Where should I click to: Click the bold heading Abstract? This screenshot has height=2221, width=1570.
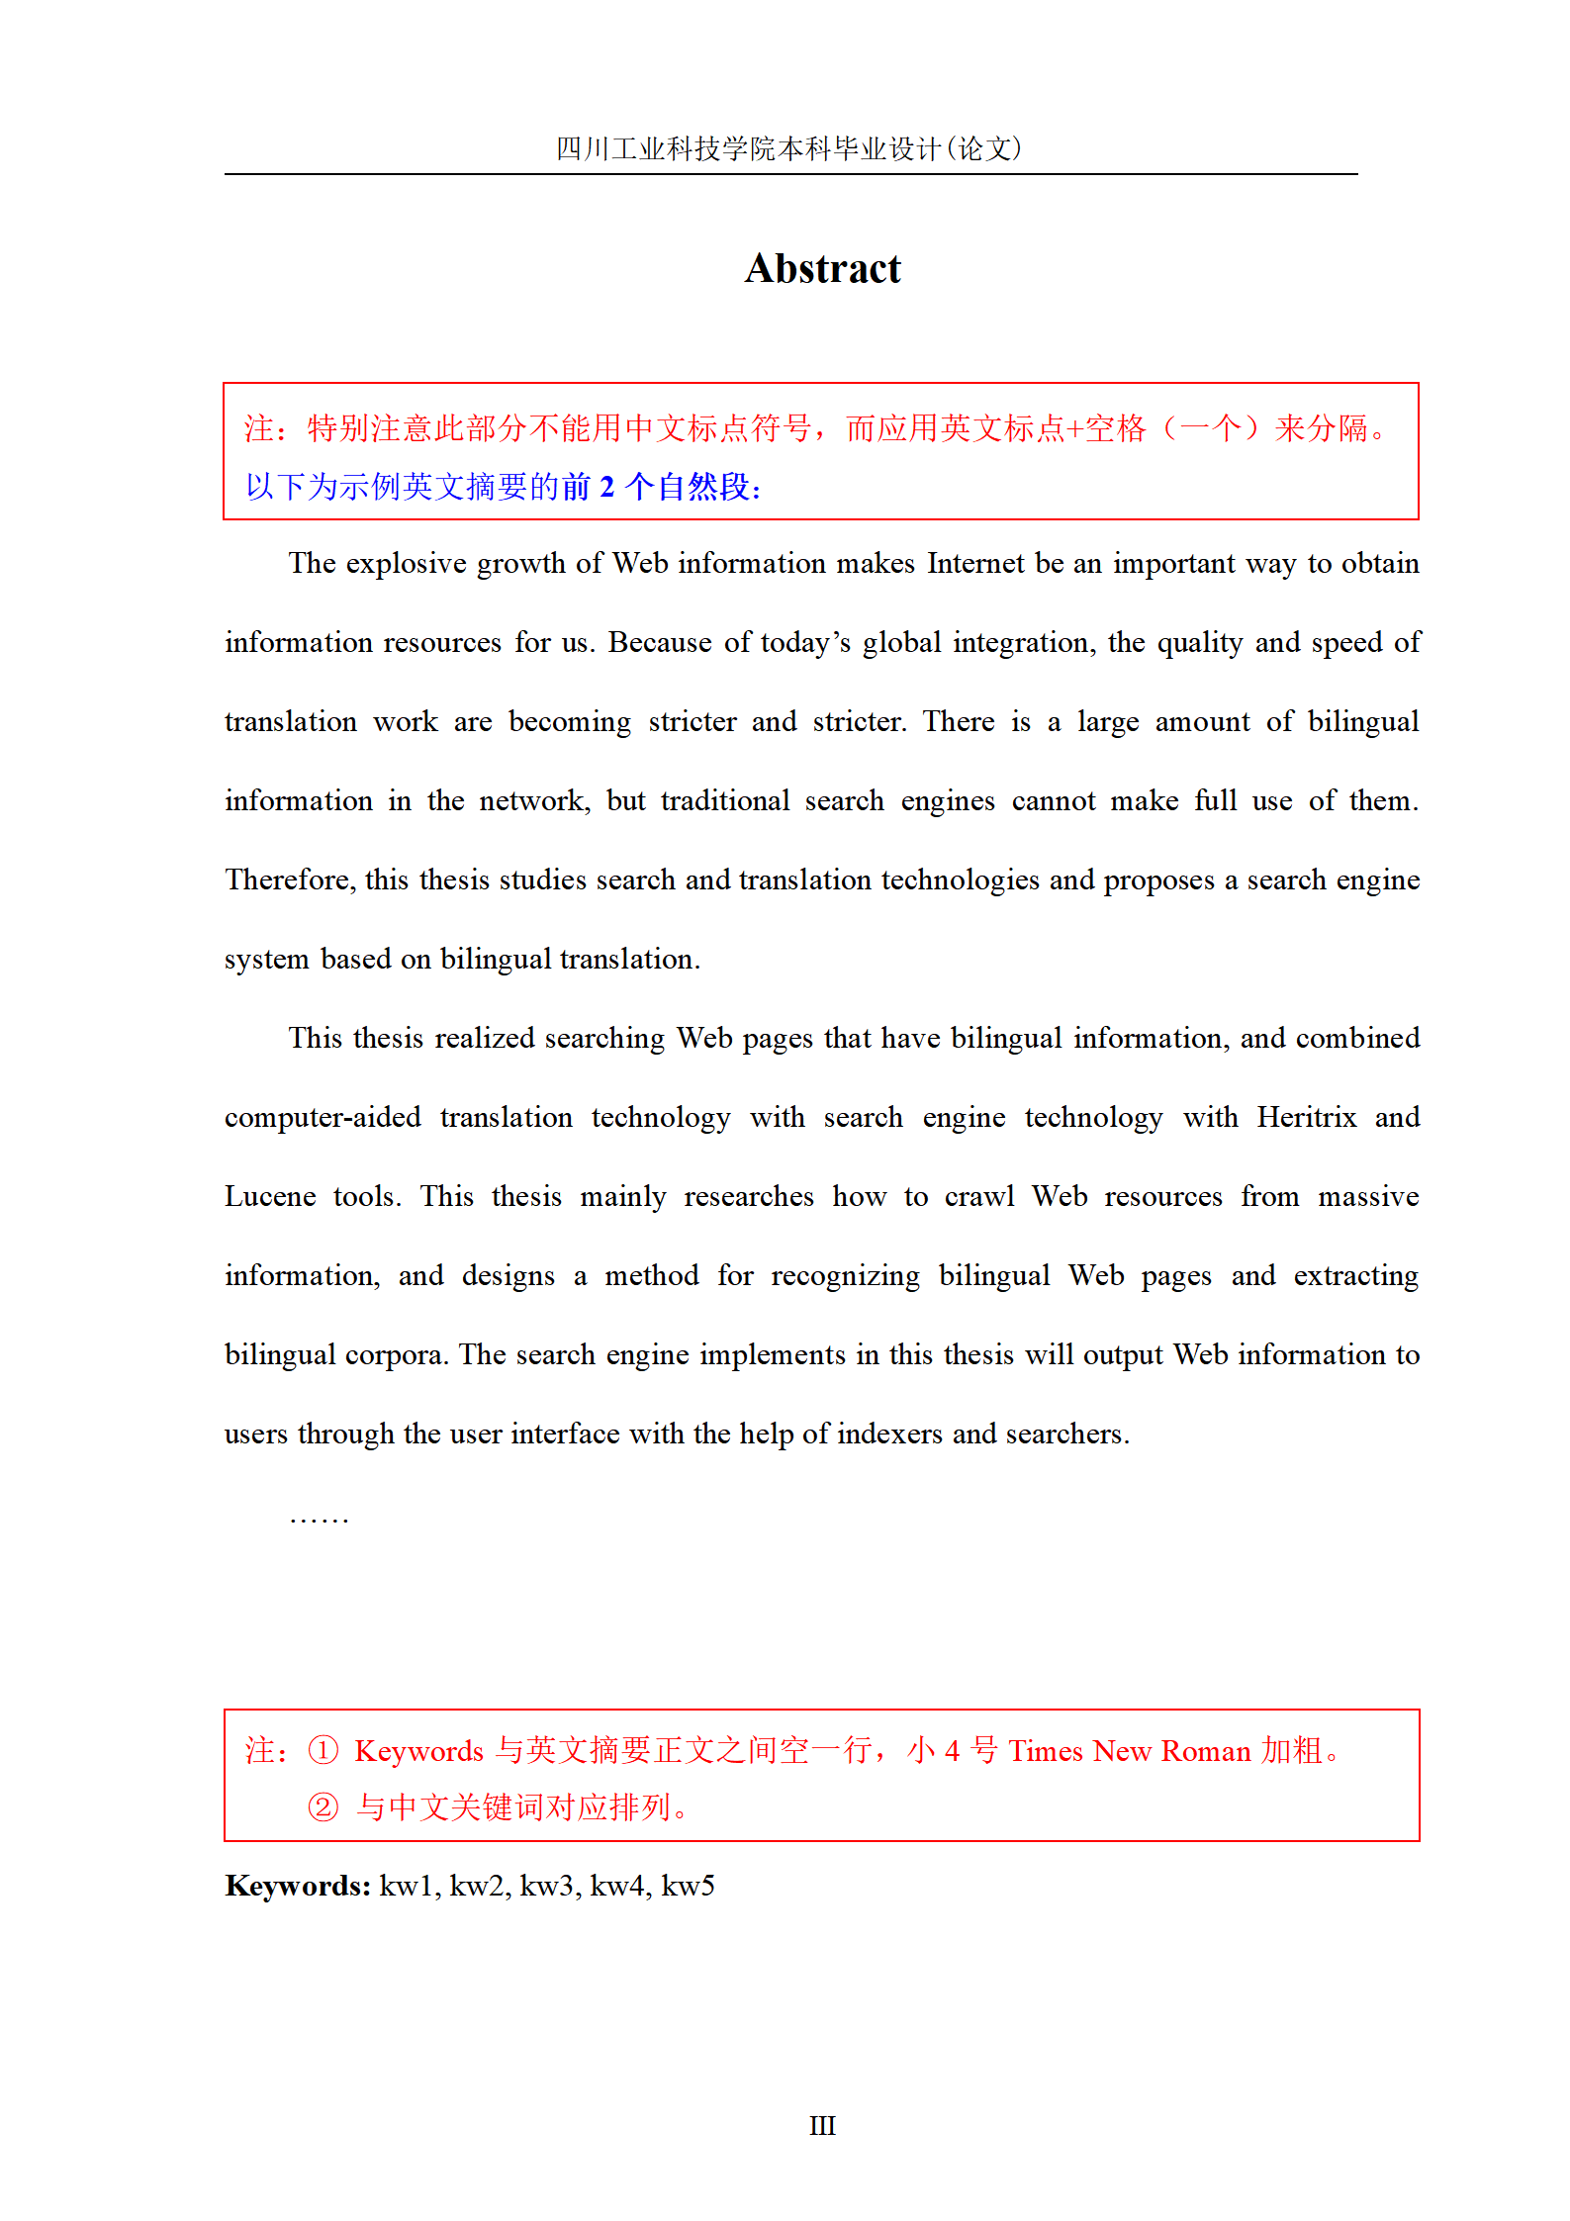[822, 269]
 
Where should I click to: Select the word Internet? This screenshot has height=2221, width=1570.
[975, 564]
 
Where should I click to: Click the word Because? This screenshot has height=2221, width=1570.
[659, 643]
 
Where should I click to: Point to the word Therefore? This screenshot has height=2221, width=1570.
[289, 880]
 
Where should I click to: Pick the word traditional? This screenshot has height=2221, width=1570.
[725, 801]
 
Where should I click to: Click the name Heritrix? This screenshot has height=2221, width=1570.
[1306, 1118]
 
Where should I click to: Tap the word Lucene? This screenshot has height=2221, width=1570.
[270, 1197]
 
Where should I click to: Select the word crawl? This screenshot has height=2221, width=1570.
[979, 1197]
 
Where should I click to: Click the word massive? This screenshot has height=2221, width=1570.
[1368, 1197]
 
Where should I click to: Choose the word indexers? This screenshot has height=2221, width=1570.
[889, 1434]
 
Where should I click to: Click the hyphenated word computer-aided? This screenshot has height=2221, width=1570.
[323, 1118]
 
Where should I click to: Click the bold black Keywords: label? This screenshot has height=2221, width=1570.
[298, 1886]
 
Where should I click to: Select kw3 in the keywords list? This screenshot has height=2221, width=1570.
[546, 1887]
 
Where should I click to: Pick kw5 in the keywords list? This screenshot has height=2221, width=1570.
[688, 1887]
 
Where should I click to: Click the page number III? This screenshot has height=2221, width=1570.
[822, 2126]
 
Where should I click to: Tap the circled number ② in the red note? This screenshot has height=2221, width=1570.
[323, 1807]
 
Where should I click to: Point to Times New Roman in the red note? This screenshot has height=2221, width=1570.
[1130, 1751]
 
